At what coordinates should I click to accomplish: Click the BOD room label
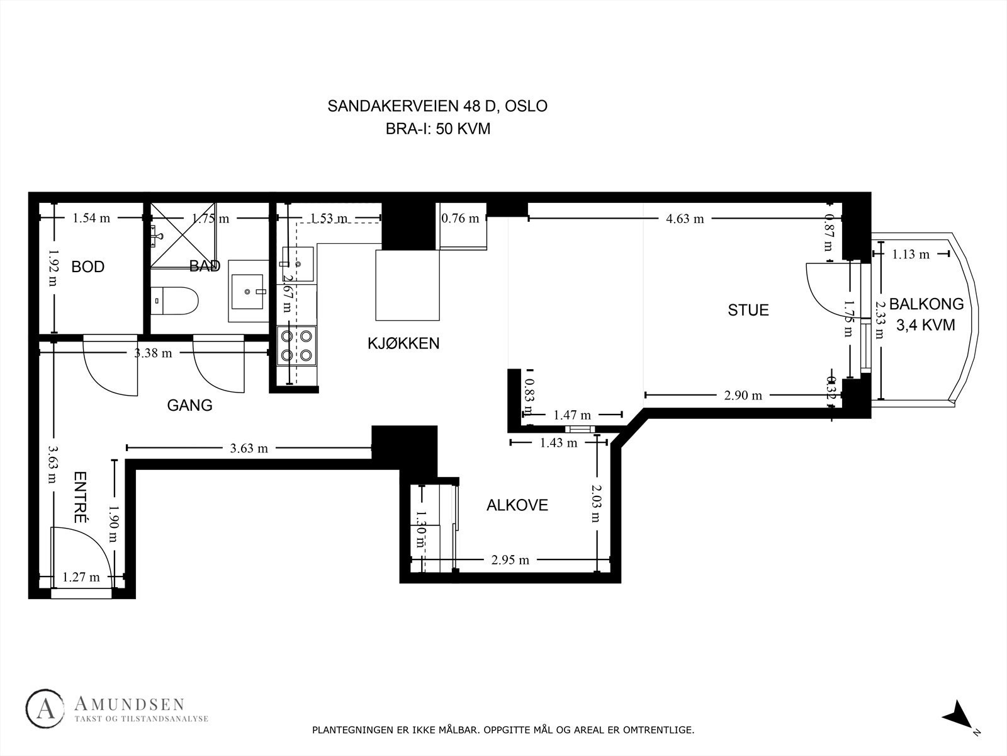[88, 267]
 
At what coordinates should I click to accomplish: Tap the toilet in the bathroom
[174, 301]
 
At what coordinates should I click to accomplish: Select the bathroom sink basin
[248, 291]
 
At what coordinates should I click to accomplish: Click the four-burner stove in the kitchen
[296, 346]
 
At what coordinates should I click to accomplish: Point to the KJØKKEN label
[403, 343]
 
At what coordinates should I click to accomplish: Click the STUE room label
[748, 310]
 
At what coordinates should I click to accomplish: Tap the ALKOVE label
[517, 505]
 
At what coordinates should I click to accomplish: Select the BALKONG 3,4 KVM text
[926, 314]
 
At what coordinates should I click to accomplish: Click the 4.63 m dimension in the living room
[685, 219]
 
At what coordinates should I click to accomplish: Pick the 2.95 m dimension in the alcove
[510, 560]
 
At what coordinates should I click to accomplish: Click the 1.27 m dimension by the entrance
[81, 576]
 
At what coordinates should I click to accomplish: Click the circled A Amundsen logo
[45, 709]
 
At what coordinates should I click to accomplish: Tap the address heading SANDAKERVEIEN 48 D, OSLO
[437, 106]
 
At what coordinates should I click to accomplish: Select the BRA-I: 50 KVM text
[437, 129]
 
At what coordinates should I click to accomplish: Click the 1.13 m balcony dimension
[910, 255]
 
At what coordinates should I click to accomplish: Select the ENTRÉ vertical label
[80, 498]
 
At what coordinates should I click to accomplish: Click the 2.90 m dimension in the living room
[743, 396]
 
